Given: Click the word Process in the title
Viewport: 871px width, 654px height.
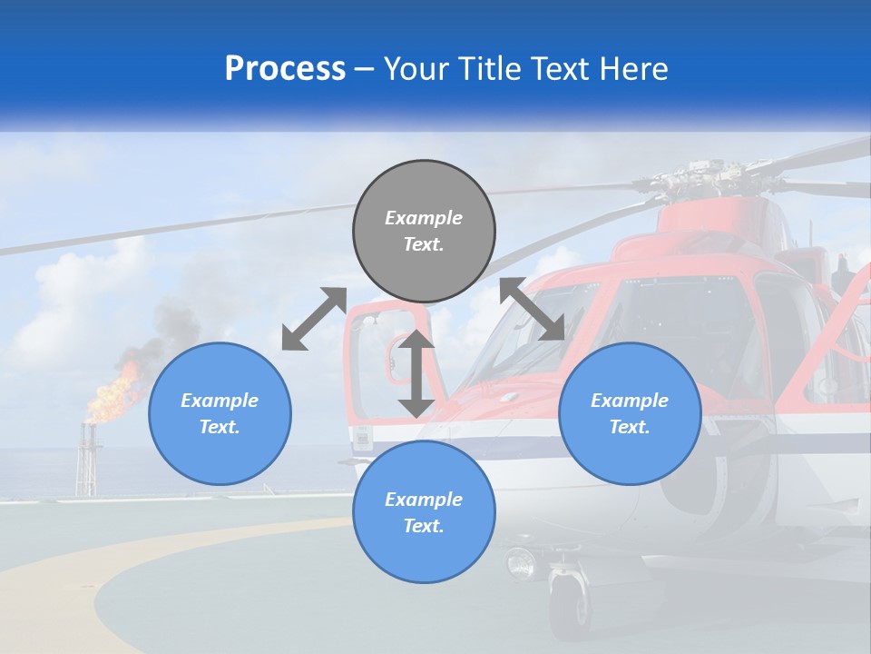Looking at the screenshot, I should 285,69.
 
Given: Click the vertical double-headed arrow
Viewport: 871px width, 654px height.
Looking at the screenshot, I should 416,373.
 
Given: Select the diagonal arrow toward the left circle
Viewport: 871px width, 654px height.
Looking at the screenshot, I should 314,319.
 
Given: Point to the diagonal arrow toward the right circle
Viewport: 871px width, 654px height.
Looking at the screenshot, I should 533,309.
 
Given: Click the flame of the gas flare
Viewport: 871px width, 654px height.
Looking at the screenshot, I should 113,395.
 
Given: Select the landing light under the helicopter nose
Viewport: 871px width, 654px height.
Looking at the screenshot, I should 522,564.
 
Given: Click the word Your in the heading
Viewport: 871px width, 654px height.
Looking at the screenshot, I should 415,69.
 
